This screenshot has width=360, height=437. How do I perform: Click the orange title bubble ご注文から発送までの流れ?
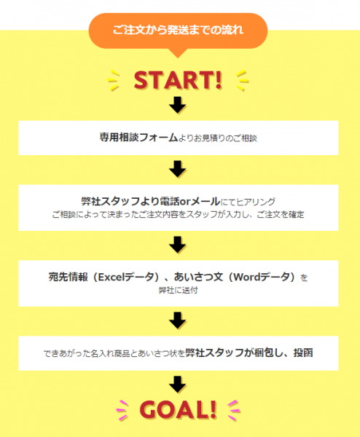[x=178, y=31]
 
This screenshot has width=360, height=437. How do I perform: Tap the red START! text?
[x=178, y=80]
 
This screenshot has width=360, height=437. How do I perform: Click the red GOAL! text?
[x=178, y=409]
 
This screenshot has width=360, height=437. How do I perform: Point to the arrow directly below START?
[x=178, y=105]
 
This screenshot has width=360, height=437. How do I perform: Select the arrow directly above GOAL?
[x=178, y=385]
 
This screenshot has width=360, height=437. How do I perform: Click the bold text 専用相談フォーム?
[x=138, y=138]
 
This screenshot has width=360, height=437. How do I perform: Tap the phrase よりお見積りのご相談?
[x=217, y=138]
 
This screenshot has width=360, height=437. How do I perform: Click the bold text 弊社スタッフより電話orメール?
[x=151, y=201]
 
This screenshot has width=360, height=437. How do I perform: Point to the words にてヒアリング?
[x=248, y=202]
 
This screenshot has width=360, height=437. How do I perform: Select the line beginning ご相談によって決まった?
[x=178, y=214]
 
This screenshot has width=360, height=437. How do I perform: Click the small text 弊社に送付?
[x=179, y=290]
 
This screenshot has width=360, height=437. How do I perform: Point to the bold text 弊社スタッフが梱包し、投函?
[x=249, y=353]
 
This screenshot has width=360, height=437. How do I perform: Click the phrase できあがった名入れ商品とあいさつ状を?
[x=114, y=353]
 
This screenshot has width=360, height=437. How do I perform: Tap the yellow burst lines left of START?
[x=114, y=80]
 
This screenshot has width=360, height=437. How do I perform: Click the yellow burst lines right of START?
[x=242, y=80]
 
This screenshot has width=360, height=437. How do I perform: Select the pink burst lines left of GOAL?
[x=122, y=410]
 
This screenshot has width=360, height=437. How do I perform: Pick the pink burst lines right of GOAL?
[x=233, y=410]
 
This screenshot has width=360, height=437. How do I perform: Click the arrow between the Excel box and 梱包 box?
[x=178, y=320]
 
